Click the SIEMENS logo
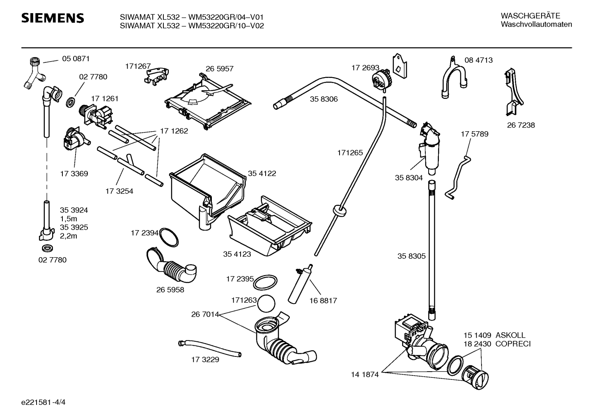click(x=53, y=18)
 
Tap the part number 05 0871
click(x=76, y=59)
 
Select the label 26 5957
click(x=220, y=69)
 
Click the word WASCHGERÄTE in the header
click(x=530, y=16)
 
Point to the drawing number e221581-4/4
click(x=44, y=402)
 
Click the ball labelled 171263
click(x=266, y=304)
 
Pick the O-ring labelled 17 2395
click(x=265, y=282)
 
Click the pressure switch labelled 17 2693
click(x=381, y=79)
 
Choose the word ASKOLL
click(x=510, y=335)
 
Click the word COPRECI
click(x=513, y=344)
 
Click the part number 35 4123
click(x=237, y=254)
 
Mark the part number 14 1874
click(x=365, y=375)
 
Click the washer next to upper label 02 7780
click(x=71, y=103)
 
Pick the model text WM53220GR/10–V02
click(x=226, y=26)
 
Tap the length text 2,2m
click(x=69, y=236)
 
